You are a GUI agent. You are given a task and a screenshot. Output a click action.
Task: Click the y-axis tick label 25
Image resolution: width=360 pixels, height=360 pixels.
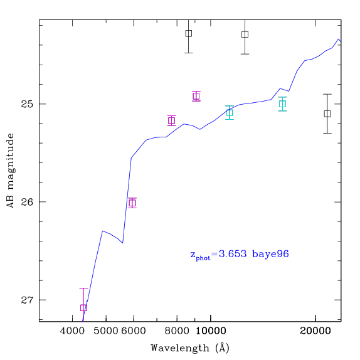coord(27,104)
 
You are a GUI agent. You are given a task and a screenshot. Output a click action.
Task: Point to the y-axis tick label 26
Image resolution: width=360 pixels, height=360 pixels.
coord(27,202)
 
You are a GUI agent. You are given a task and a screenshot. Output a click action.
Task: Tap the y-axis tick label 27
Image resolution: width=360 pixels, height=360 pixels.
coord(27,300)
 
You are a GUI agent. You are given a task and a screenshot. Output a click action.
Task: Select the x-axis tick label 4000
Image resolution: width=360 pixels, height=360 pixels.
coord(73,331)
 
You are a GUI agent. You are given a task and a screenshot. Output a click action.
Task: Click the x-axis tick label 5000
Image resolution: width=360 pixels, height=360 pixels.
coord(106,331)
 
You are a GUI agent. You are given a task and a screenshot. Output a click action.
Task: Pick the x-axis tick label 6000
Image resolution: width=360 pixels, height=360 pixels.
coord(134,331)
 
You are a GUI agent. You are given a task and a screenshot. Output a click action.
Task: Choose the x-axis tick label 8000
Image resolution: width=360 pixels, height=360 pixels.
coord(177,331)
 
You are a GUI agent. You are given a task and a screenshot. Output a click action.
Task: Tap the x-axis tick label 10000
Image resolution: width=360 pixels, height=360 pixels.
coord(211,331)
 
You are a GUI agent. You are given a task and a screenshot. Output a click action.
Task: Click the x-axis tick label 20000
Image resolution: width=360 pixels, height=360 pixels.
coord(315,331)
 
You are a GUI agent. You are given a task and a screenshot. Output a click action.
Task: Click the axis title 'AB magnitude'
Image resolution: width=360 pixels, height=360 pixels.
coord(10,171)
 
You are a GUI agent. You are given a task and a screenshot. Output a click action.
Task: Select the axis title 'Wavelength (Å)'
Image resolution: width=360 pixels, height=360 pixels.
coord(190,348)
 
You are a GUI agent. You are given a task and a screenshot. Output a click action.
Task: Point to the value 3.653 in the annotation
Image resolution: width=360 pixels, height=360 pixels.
coord(233,254)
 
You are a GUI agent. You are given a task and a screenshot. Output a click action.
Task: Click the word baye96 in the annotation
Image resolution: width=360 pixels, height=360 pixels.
coord(270,255)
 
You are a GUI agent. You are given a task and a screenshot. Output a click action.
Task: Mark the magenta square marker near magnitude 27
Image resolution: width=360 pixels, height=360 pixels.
coord(83,308)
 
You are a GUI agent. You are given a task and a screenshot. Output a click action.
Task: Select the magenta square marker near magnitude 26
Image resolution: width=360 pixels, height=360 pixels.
coord(132,203)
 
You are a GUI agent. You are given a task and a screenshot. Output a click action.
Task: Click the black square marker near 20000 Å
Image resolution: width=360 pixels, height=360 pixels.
coord(327,114)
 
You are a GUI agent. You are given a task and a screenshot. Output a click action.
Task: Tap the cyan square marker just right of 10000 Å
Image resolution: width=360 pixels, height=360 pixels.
coord(230,113)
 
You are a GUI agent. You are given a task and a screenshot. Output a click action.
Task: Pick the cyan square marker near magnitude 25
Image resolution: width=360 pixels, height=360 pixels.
coord(283,104)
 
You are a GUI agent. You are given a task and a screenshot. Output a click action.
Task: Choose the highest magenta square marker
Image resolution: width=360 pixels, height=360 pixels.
coord(196,96)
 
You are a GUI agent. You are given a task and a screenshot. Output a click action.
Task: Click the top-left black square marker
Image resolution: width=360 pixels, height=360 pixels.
coord(189,33)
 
